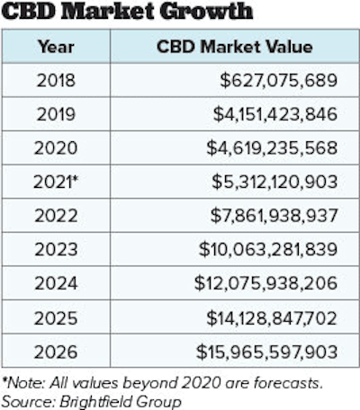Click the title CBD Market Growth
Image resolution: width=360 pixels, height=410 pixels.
coord(126,13)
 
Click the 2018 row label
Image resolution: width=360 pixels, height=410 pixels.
coord(56,81)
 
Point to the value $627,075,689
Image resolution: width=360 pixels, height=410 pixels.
coord(278,81)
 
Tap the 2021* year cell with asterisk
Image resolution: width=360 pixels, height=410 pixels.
coord(58,182)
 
